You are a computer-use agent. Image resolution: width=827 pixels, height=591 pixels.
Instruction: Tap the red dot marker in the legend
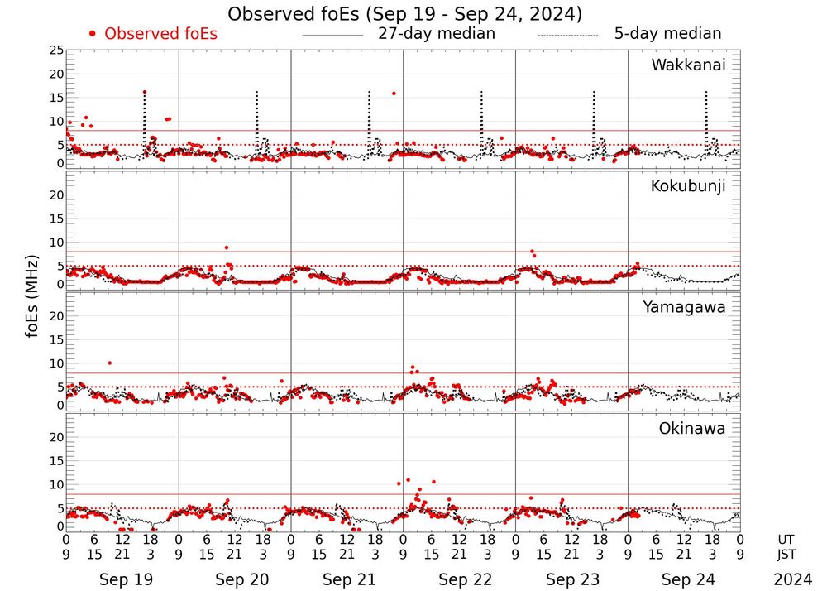[x=93, y=34]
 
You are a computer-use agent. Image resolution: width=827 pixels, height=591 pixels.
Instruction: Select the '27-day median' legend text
[x=436, y=34]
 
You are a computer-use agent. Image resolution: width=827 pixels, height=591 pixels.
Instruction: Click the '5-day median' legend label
[x=667, y=34]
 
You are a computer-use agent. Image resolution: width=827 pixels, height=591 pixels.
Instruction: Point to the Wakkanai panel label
[x=688, y=65]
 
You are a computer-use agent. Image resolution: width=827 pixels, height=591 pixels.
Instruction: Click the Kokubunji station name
[x=688, y=186]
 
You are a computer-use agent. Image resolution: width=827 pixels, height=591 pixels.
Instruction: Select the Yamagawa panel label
[x=684, y=307]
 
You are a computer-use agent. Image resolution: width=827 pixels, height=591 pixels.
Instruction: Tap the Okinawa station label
[x=691, y=429]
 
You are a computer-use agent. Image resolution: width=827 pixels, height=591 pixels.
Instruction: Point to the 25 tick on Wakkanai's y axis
[x=56, y=50]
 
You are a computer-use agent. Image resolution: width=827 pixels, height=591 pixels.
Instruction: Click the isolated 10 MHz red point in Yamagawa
[x=109, y=363]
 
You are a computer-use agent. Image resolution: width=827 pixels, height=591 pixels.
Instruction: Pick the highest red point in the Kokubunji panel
[x=226, y=247]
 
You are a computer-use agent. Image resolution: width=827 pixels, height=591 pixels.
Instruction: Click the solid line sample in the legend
[x=332, y=36]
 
